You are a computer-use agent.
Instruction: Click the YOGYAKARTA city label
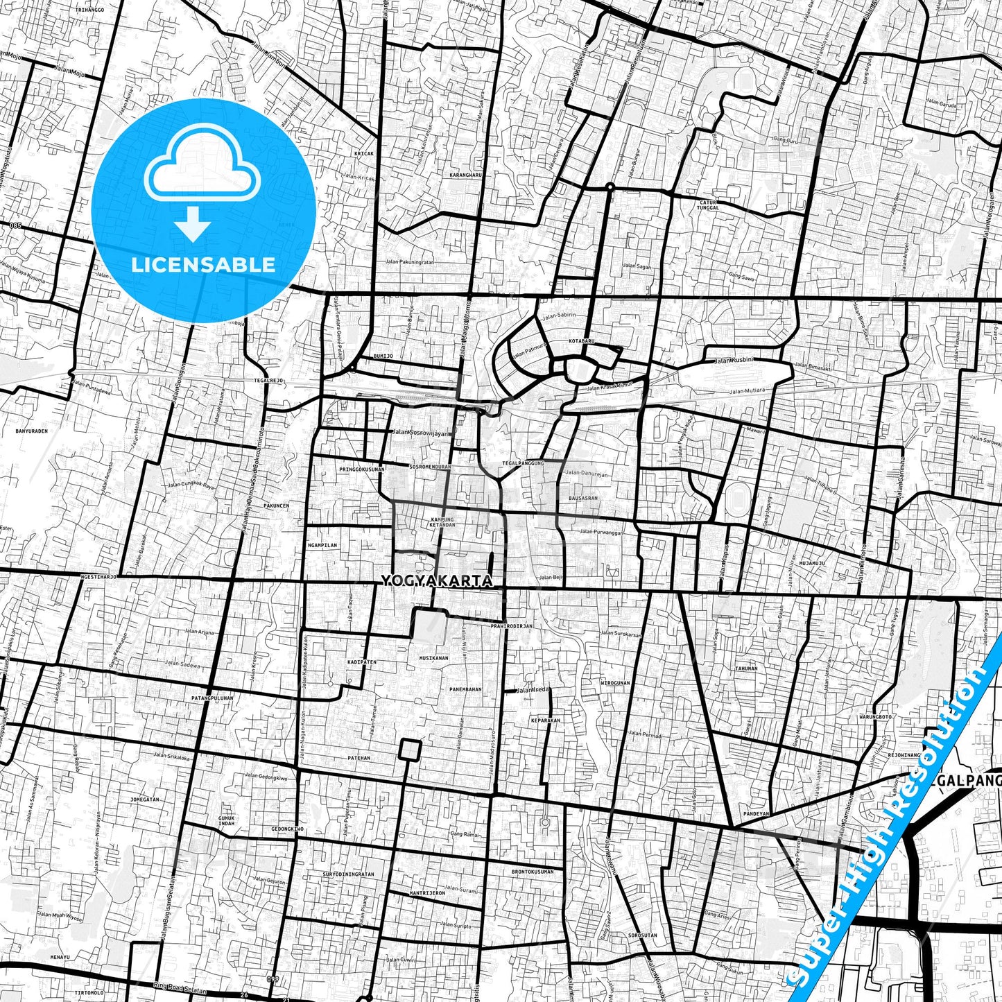point(437,581)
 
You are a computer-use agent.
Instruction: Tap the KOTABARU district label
point(582,342)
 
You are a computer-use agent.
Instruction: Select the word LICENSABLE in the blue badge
point(203,265)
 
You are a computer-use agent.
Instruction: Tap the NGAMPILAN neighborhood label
point(322,545)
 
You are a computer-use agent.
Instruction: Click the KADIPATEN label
point(361,662)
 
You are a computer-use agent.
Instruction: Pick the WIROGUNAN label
point(615,683)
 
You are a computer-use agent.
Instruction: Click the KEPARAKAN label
point(545,720)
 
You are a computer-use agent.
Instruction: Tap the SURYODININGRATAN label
point(348,874)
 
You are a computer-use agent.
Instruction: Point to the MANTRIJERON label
point(427,893)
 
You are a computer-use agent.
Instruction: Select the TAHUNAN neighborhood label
point(746,668)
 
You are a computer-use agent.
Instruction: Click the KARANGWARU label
point(465,175)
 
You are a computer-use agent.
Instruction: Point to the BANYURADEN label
point(32,431)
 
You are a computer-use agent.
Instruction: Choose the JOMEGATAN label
point(145,800)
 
